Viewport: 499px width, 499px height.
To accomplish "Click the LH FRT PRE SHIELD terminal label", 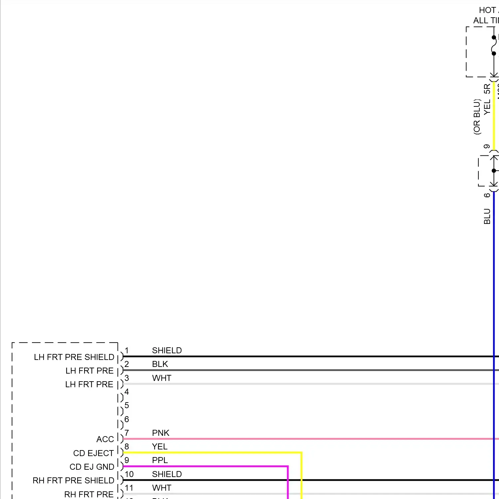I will coord(74,357).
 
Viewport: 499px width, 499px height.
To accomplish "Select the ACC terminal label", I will coord(105,439).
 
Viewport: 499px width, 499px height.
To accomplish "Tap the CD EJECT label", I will coord(93,453).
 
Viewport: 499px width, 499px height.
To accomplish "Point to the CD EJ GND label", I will coord(92,467).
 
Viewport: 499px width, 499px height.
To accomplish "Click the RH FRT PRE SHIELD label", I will coord(73,480).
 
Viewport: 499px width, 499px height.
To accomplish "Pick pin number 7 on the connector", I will coord(127,433).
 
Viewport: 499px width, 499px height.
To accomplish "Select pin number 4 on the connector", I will coord(127,392).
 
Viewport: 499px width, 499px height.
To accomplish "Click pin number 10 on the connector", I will coord(129,474).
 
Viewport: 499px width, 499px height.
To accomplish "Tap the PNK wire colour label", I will coord(161,433).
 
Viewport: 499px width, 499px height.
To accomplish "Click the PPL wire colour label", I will coord(160,460).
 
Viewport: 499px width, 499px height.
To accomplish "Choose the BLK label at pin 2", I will coord(160,364).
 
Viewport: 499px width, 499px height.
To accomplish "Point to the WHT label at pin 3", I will coord(162,378).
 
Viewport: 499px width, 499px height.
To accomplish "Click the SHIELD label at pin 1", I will coord(167,350).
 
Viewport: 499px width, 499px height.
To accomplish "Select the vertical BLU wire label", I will coord(487,216).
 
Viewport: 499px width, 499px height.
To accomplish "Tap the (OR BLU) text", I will coord(477,116).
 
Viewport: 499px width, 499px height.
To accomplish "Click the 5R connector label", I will coord(487,89).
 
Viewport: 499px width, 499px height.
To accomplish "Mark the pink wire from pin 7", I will coord(299,439).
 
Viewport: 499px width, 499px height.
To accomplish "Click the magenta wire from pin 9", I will coord(206,466).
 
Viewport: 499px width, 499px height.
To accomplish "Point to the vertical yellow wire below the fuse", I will coord(494,116).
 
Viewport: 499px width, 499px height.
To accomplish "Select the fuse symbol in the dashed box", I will coord(494,45).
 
